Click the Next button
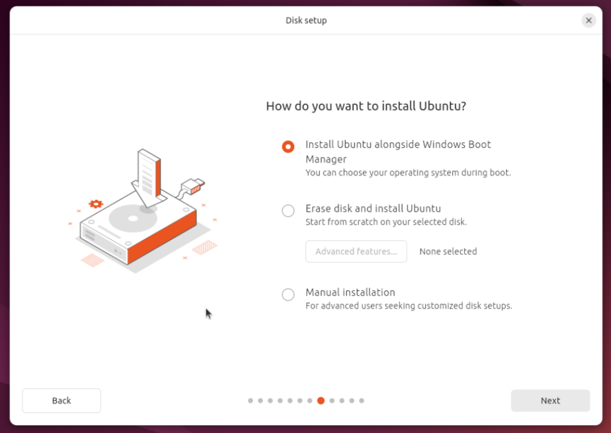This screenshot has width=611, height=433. click(550, 400)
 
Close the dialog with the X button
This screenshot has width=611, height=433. click(588, 20)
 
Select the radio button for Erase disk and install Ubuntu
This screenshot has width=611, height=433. click(288, 211)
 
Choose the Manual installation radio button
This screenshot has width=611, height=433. click(288, 295)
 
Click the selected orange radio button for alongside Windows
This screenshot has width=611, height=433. click(288, 146)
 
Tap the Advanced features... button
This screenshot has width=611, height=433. click(356, 252)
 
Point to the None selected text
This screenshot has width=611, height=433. click(448, 252)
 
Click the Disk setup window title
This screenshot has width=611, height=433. click(306, 20)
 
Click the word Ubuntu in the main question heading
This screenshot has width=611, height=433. click(443, 106)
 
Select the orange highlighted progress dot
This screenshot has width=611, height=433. click(320, 400)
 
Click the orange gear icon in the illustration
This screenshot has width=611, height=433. click(96, 203)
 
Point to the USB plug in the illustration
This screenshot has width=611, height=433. click(193, 186)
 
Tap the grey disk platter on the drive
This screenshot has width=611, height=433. click(133, 218)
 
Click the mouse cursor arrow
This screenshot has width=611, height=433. click(208, 314)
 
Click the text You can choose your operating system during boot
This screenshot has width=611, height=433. click(408, 172)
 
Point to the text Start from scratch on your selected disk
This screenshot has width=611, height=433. click(386, 222)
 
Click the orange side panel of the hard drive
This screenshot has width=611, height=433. click(162, 237)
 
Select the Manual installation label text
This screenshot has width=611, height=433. click(350, 292)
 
